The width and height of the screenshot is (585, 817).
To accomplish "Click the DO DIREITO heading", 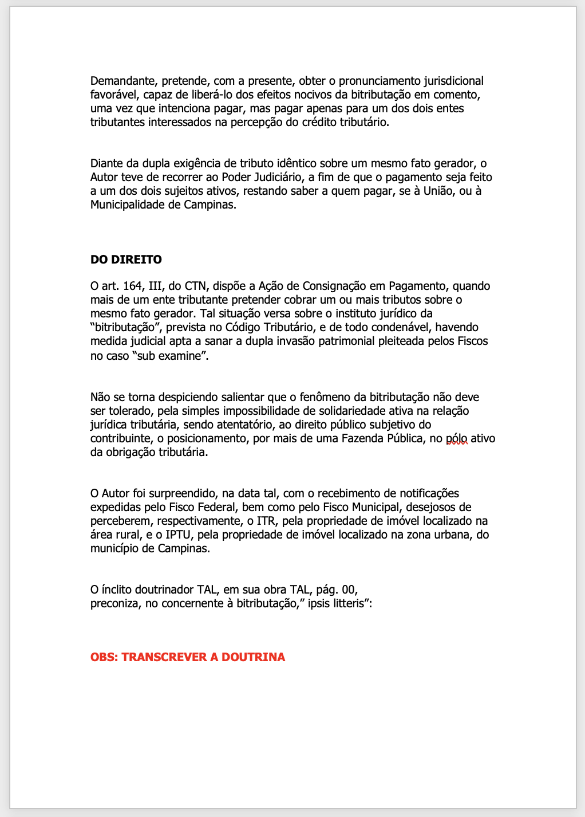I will pyautogui.click(x=126, y=260).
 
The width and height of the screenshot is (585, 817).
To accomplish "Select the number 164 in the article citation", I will pyautogui.click(x=132, y=286).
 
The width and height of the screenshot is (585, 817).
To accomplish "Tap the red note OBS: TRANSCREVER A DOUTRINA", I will pyautogui.click(x=188, y=657).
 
